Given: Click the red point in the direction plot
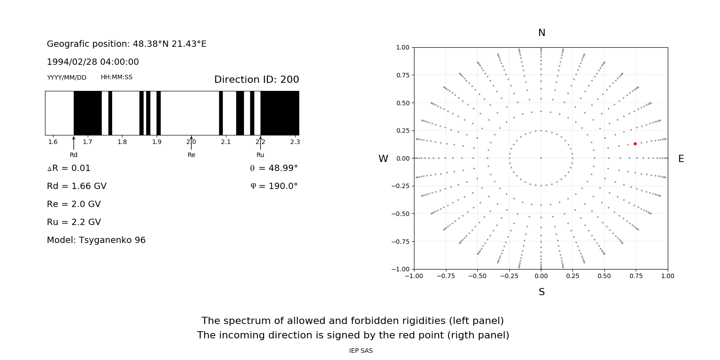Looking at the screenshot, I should pyautogui.click(x=635, y=144).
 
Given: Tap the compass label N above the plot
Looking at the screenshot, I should pyautogui.click(x=542, y=33).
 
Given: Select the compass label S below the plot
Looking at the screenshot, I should pyautogui.click(x=542, y=292).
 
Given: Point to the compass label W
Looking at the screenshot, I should pyautogui.click(x=383, y=159).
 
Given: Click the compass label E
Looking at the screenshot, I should pyautogui.click(x=681, y=159).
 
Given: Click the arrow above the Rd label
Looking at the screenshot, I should pyautogui.click(x=74, y=143).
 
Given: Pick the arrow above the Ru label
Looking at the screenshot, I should pyautogui.click(x=261, y=143).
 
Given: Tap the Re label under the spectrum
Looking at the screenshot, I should pyautogui.click(x=191, y=155).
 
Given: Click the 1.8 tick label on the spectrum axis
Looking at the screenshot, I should pyautogui.click(x=122, y=142).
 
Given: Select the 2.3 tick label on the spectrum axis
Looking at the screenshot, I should pyautogui.click(x=295, y=142).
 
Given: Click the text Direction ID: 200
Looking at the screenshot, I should pyautogui.click(x=256, y=80).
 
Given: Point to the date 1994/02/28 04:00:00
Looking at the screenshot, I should pyautogui.click(x=93, y=62).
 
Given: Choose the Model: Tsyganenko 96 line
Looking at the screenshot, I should pyautogui.click(x=96, y=240).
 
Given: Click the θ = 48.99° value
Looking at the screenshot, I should pyautogui.click(x=274, y=168).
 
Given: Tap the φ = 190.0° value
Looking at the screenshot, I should pyautogui.click(x=274, y=186).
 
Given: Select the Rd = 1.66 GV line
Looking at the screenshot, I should pyautogui.click(x=76, y=186).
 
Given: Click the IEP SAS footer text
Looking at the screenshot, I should pyautogui.click(x=361, y=351).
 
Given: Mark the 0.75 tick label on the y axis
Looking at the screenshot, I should pyautogui.click(x=403, y=75).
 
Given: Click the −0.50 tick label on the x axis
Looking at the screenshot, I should pyautogui.click(x=477, y=276).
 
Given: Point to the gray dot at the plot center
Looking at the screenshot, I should pyautogui.click(x=541, y=158).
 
